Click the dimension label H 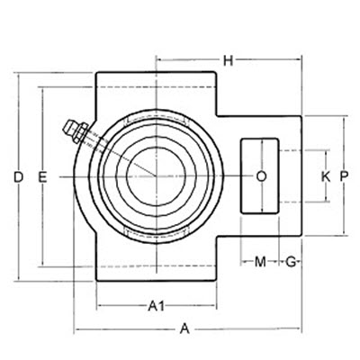(x=229, y=60)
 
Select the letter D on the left (x=18, y=177)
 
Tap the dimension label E (x=41, y=177)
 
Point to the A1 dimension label (x=156, y=306)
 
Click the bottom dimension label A (x=184, y=328)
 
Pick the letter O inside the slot (x=261, y=176)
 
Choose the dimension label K (x=325, y=176)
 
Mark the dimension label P (x=345, y=176)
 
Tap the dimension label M (x=260, y=262)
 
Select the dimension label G (x=291, y=262)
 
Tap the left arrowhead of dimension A (x=76, y=328)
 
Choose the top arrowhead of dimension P (x=345, y=121)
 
